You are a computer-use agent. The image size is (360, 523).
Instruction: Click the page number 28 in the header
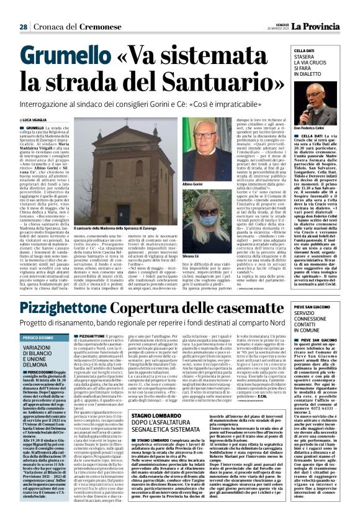[22, 27]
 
